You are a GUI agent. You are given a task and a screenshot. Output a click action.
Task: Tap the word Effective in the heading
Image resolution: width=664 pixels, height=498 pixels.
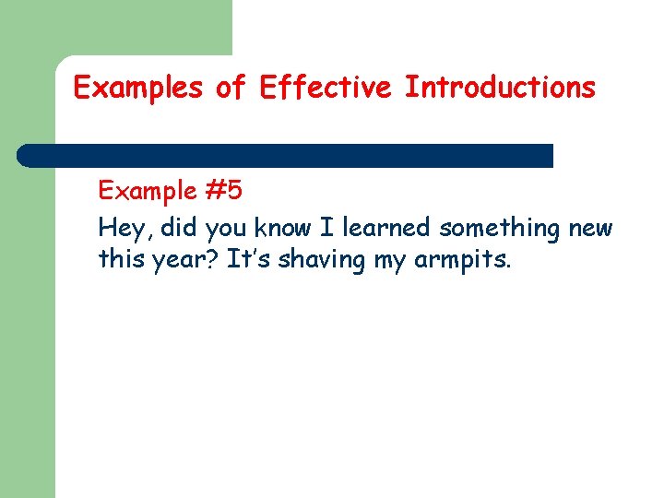pos(327,89)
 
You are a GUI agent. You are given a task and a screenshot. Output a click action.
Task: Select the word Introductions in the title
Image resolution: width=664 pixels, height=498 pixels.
pos(501,89)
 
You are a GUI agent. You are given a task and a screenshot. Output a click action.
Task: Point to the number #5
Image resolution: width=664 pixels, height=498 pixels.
pos(223,192)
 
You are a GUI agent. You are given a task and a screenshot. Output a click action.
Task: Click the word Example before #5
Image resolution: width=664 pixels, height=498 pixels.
pos(148,192)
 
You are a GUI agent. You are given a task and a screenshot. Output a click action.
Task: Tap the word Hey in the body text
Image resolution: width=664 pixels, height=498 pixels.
pos(119,228)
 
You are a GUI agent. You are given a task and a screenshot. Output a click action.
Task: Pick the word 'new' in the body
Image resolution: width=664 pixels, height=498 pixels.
pos(592,228)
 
